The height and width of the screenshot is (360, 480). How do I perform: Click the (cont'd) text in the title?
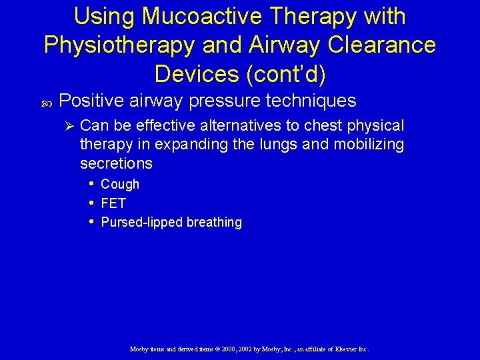click(287, 74)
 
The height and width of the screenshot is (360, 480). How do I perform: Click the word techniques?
click(311, 101)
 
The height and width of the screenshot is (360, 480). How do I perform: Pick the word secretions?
click(116, 163)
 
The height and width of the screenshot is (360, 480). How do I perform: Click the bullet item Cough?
click(120, 184)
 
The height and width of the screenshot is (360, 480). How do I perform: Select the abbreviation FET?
click(113, 203)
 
